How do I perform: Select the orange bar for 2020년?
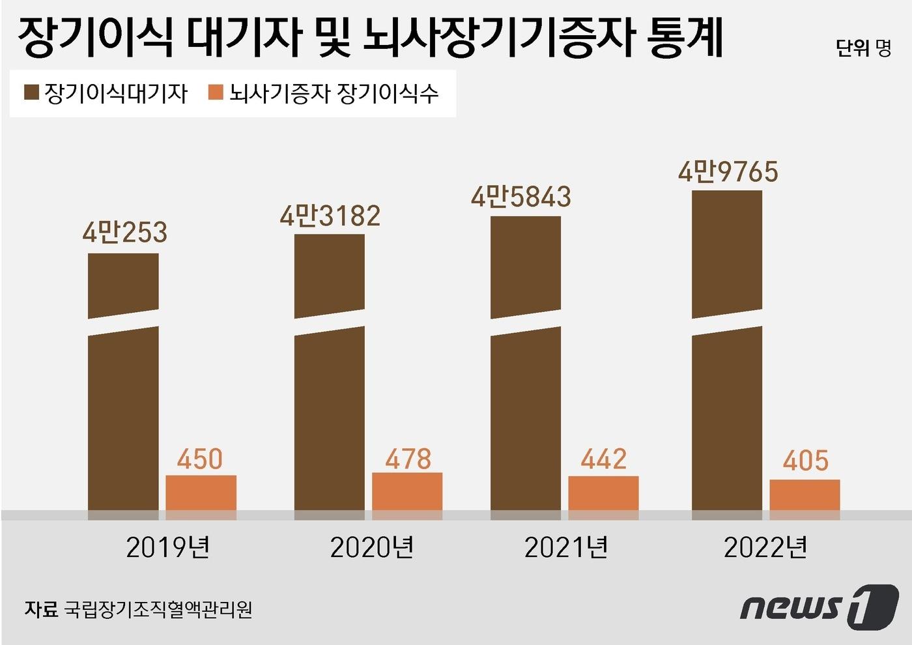407,493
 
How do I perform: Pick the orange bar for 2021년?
603,494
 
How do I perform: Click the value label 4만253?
125,233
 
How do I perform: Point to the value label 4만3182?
330,216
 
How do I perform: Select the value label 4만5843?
521,196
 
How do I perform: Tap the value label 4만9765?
728,171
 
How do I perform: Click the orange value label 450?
200,459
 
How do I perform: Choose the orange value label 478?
408,459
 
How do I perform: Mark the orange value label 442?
603,459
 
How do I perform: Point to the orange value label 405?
806,461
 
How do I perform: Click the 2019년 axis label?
168,547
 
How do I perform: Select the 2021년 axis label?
566,547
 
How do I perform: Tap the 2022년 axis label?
765,547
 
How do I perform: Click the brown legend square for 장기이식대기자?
31,93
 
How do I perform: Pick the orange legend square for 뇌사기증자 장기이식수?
216,93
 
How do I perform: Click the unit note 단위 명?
863,48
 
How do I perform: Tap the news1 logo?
819,607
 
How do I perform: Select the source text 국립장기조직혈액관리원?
158,609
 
